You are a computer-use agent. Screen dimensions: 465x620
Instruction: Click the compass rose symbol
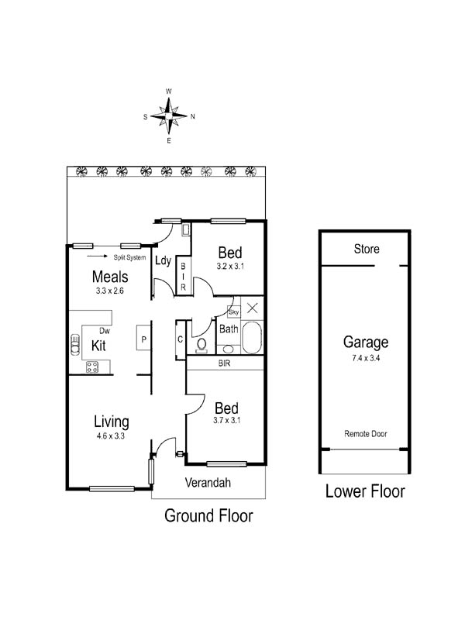click(169, 116)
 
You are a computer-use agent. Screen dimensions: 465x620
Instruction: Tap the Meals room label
click(110, 277)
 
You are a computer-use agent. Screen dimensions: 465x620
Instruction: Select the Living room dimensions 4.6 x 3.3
click(110, 436)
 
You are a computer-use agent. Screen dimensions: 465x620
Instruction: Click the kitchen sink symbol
click(74, 345)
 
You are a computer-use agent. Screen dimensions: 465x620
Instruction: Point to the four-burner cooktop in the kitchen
click(92, 367)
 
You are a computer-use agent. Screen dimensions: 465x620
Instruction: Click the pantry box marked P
click(143, 337)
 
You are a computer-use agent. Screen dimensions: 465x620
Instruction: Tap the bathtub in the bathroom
click(252, 338)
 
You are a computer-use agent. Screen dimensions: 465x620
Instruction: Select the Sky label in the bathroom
click(234, 312)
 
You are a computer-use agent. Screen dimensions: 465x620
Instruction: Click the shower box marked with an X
click(253, 308)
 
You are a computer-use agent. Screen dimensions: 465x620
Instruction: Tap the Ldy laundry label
click(163, 260)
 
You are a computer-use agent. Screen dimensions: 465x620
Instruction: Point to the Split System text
click(129, 257)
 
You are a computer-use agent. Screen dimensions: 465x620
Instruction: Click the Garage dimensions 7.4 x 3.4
click(366, 358)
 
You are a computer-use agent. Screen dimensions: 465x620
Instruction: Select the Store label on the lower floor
click(367, 249)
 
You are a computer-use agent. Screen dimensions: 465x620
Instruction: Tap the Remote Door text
click(366, 434)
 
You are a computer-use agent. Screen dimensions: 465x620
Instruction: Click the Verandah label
click(208, 482)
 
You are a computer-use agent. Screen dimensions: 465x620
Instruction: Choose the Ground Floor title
click(208, 515)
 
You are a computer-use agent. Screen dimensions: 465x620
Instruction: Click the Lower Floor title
click(365, 491)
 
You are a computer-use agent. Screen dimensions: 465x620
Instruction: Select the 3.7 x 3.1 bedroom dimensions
click(226, 420)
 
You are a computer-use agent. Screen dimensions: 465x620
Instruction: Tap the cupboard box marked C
click(181, 339)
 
